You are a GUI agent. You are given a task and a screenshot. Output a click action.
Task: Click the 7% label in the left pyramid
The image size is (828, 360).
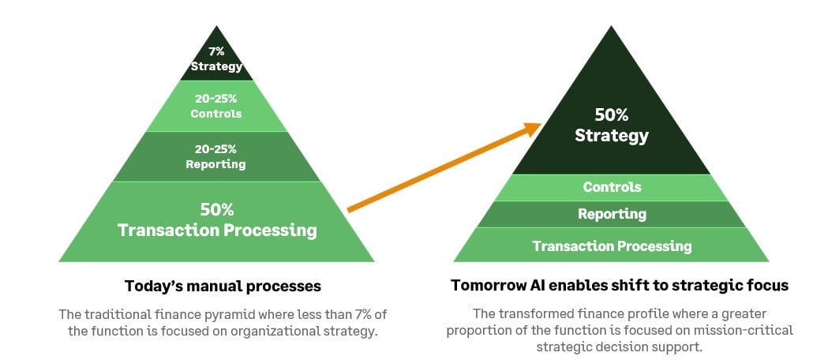click(216, 52)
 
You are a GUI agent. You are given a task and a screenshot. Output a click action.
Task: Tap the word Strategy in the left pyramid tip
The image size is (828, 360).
click(216, 66)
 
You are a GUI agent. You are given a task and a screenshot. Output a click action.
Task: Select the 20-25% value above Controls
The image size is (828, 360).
click(216, 99)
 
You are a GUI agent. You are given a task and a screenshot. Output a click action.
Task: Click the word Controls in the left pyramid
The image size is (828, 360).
click(216, 114)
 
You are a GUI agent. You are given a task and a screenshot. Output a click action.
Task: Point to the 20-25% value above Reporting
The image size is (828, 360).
click(216, 149)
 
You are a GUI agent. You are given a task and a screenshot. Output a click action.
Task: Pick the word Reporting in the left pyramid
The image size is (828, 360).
click(216, 164)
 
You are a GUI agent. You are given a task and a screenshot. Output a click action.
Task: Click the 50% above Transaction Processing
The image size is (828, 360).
click(216, 209)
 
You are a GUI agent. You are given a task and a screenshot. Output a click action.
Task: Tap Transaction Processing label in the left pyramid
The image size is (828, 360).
click(217, 231)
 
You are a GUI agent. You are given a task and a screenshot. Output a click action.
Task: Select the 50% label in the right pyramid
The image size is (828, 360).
click(612, 114)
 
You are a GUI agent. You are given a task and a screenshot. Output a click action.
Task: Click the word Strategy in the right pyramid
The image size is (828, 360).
click(612, 136)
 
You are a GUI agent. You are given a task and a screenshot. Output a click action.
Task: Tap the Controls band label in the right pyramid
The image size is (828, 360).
click(612, 187)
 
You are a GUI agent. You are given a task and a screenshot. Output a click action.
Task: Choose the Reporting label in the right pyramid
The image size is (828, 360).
click(612, 214)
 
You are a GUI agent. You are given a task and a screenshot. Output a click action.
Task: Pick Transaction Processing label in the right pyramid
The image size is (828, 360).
click(612, 246)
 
